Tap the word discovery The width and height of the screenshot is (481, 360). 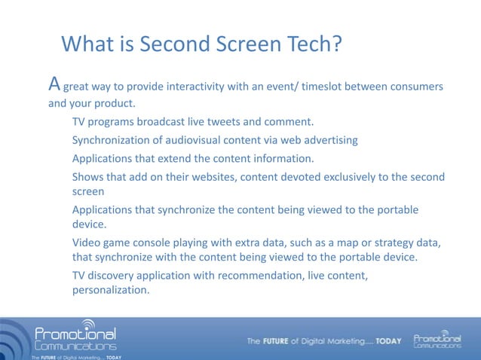(116, 276)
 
